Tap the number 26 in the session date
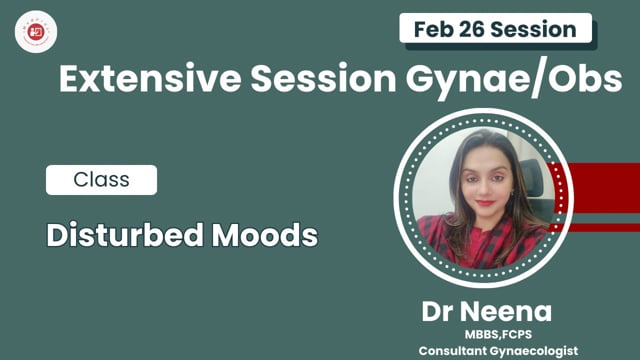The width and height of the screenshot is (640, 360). point(476,28)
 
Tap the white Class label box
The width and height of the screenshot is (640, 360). point(101,180)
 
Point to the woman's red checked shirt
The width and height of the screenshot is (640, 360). point(470,240)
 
